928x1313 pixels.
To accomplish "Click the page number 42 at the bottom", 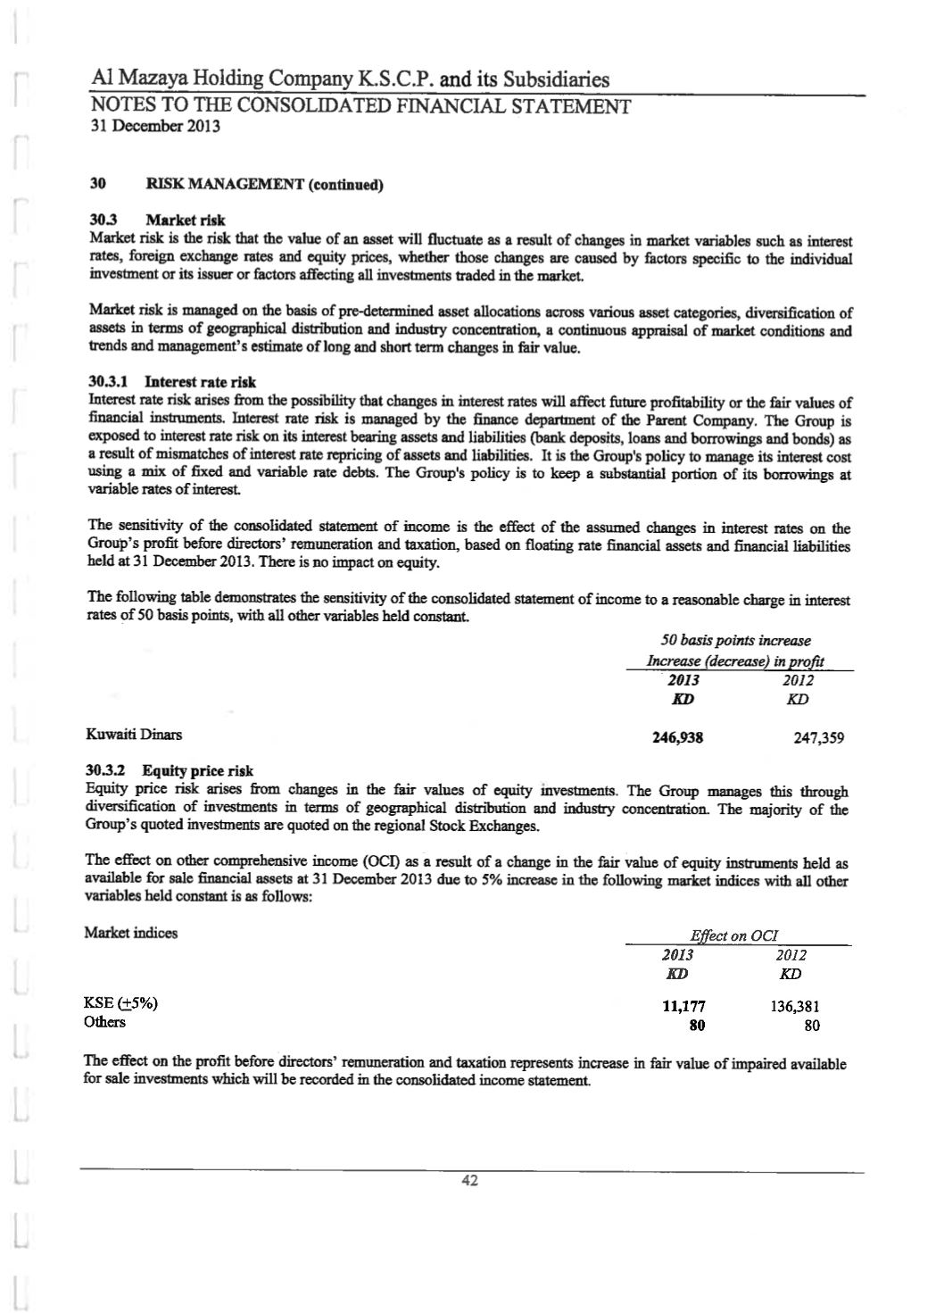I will (x=469, y=1181).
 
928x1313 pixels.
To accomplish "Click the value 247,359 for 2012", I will (x=818, y=738).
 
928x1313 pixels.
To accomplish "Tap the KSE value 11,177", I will (x=684, y=1006).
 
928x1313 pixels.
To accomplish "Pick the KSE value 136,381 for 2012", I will (x=794, y=1006).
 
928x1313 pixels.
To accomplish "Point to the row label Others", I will (x=105, y=1022).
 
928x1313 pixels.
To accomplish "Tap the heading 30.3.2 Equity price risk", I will (x=169, y=770).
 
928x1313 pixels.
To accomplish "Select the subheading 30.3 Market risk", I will (x=158, y=220).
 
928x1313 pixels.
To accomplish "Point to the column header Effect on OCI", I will (x=734, y=935).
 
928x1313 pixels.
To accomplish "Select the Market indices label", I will (x=130, y=934).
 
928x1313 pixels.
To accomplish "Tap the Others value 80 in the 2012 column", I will (x=811, y=1026).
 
